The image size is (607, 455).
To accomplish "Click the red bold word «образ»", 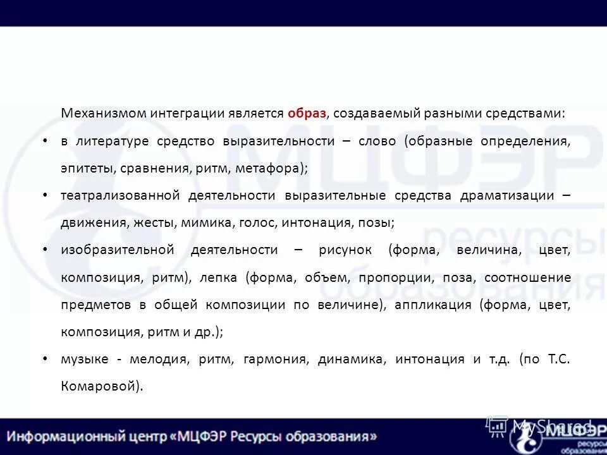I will coord(307,114).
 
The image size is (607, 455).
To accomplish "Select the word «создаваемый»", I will coord(369,114).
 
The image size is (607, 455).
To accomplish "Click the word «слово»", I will coord(377,141).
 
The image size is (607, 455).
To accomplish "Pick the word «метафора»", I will coord(276,168).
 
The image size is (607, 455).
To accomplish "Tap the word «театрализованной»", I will coord(121,195).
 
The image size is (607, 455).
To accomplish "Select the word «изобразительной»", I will coord(117,250).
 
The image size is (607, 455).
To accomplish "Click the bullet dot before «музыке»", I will coord(45,359).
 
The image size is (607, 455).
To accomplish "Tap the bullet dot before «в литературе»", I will coord(45,140).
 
